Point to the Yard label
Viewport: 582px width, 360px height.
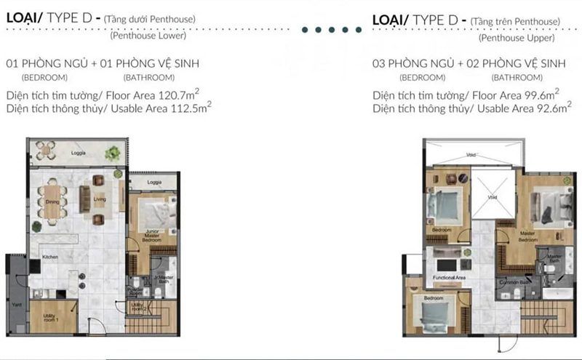pyautogui.click(x=15, y=304)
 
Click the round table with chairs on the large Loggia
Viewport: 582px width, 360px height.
pyautogui.click(x=46, y=151)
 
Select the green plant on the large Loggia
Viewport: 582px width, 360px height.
pyautogui.click(x=112, y=153)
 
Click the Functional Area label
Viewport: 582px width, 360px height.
pyautogui.click(x=449, y=278)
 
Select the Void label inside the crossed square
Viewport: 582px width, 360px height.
pyautogui.click(x=492, y=197)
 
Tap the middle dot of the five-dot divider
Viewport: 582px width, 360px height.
pyautogui.click(x=329, y=30)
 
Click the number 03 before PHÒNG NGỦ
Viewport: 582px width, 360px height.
pyautogui.click(x=378, y=64)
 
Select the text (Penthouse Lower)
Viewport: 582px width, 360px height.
pyautogui.click(x=148, y=35)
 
